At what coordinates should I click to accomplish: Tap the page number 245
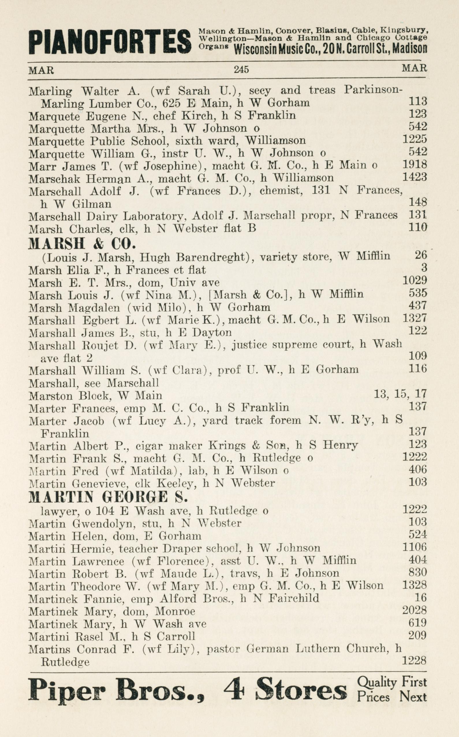pyautogui.click(x=241, y=70)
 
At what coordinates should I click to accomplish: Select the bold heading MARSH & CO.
pyautogui.click(x=81, y=243)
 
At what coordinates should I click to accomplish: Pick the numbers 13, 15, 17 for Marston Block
pyautogui.click(x=400, y=394)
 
